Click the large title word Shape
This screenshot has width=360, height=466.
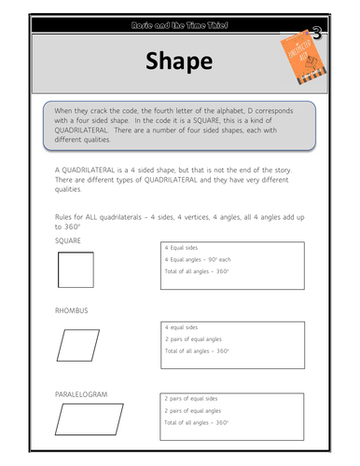pos(178,62)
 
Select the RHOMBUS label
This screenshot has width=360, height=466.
pos(72,310)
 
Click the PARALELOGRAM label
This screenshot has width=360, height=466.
pos(82,393)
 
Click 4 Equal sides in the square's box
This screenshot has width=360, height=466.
pos(183,248)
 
